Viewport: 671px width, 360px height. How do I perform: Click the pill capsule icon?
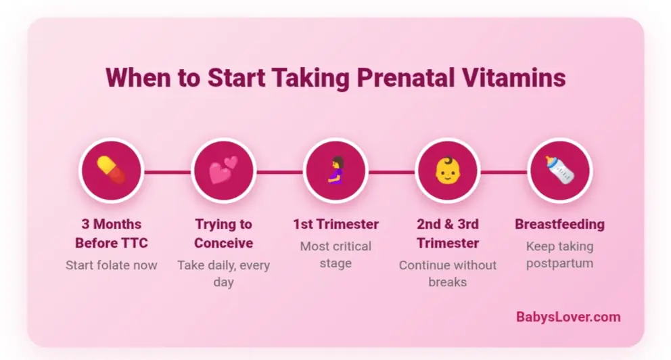tap(111, 171)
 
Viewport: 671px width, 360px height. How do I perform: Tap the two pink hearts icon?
tap(223, 171)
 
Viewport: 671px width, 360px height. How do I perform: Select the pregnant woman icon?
tap(335, 171)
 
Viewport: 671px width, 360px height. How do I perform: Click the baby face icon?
tap(447, 171)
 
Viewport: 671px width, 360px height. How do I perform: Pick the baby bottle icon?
tap(559, 171)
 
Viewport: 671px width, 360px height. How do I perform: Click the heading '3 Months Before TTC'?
tap(111, 233)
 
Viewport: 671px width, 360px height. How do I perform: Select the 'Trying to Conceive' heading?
tap(223, 233)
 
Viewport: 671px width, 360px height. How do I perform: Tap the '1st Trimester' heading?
tap(335, 224)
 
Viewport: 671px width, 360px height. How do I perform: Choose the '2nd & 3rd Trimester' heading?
tap(447, 233)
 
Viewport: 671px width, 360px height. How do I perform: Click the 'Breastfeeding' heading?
tap(559, 224)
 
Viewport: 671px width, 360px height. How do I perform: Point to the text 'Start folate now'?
tap(111, 265)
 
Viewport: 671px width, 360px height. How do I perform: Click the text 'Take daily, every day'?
tap(223, 273)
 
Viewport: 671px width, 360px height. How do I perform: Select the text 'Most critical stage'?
tap(335, 254)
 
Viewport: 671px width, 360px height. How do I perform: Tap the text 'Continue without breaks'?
tap(447, 273)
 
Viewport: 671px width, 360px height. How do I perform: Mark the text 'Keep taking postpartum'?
tap(559, 254)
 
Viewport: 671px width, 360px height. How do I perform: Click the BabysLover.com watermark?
tap(568, 317)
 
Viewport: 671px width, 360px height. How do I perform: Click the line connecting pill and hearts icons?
tap(167, 172)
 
